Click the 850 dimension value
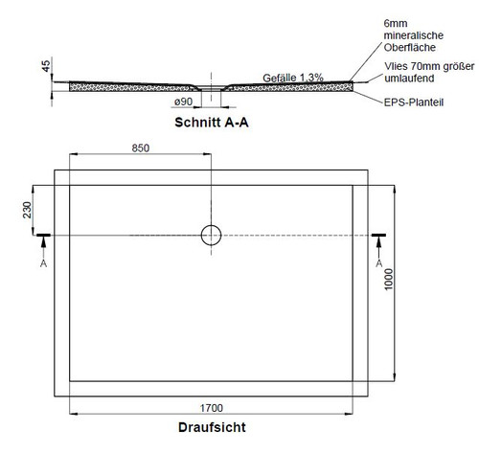tap(141, 148)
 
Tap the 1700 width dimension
tap(211, 408)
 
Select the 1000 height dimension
tap(388, 280)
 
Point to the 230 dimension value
tap(27, 210)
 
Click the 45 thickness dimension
tap(46, 66)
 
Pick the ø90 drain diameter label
tap(184, 102)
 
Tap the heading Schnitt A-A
tap(212, 123)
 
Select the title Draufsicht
tap(212, 427)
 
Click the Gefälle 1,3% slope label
tap(293, 78)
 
